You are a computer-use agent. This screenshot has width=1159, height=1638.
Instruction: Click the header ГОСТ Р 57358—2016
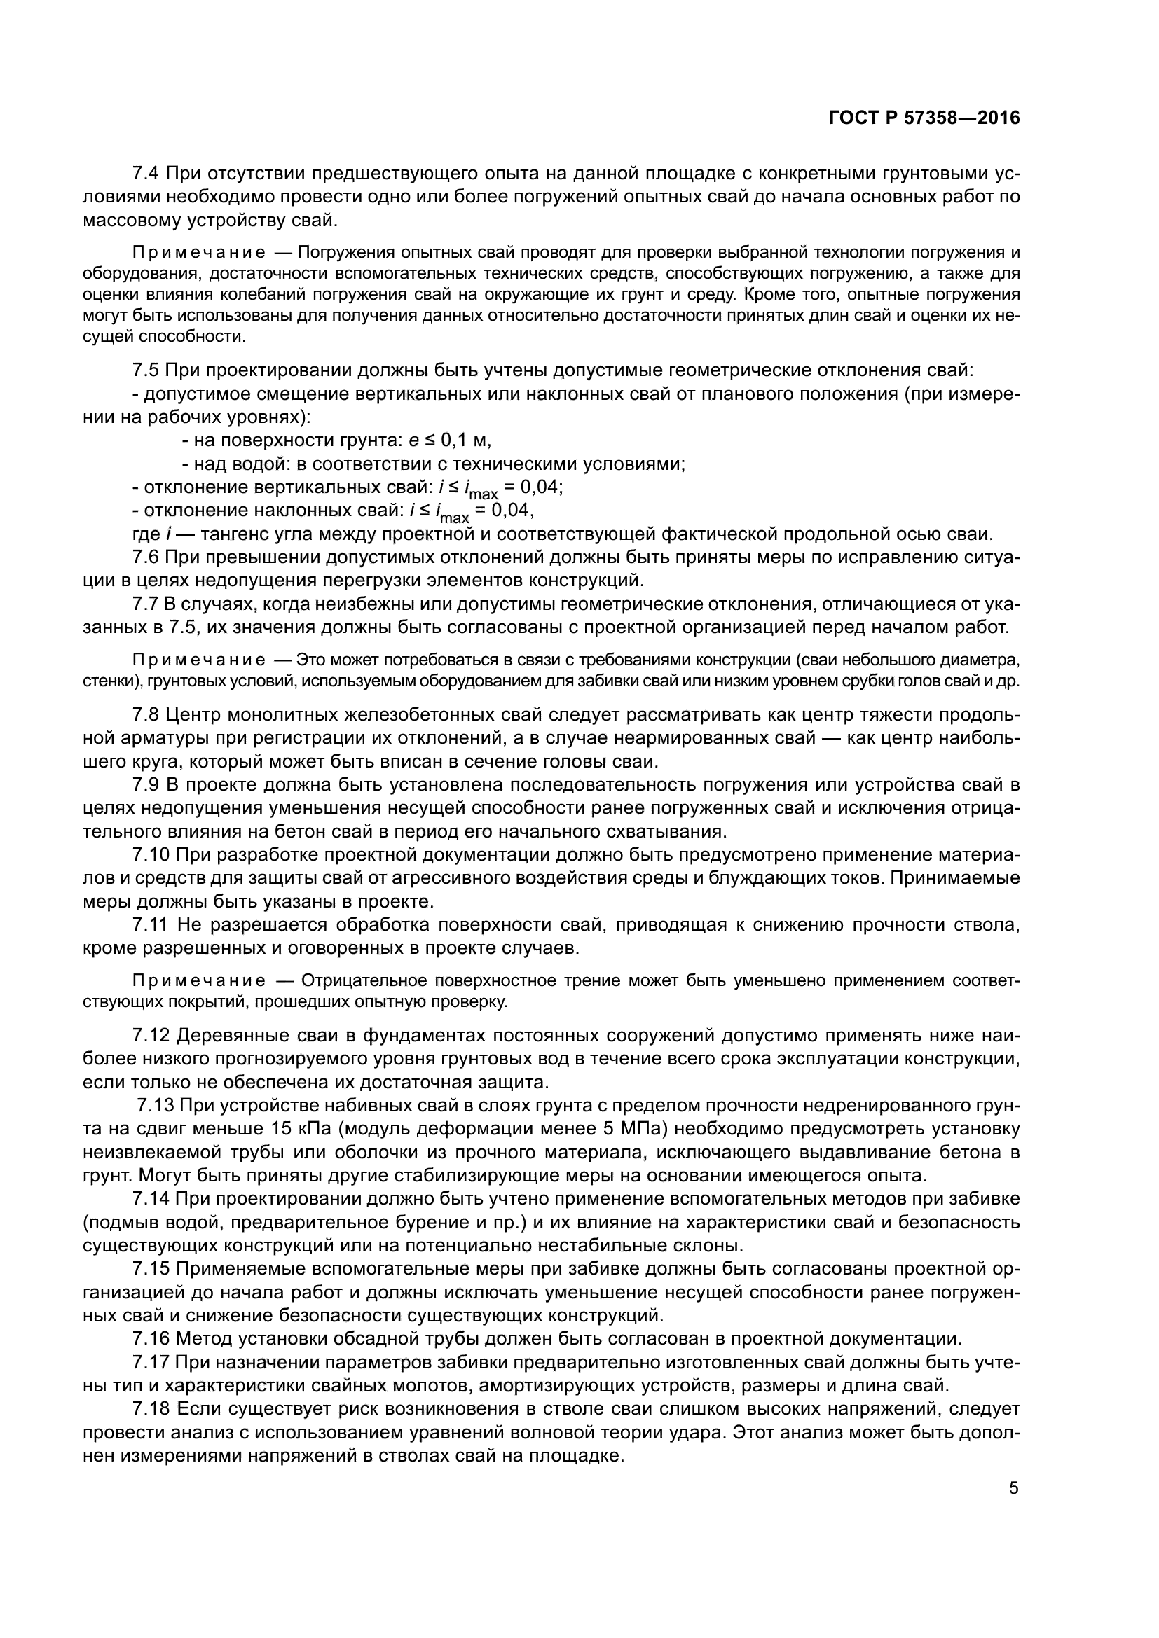click(x=924, y=118)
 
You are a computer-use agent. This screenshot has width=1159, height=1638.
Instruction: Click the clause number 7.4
click(x=147, y=174)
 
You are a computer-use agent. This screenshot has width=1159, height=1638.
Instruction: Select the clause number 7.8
click(x=147, y=715)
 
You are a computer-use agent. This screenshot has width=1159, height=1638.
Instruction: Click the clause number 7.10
click(x=152, y=854)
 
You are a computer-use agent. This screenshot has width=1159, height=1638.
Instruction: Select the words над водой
click(x=240, y=464)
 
